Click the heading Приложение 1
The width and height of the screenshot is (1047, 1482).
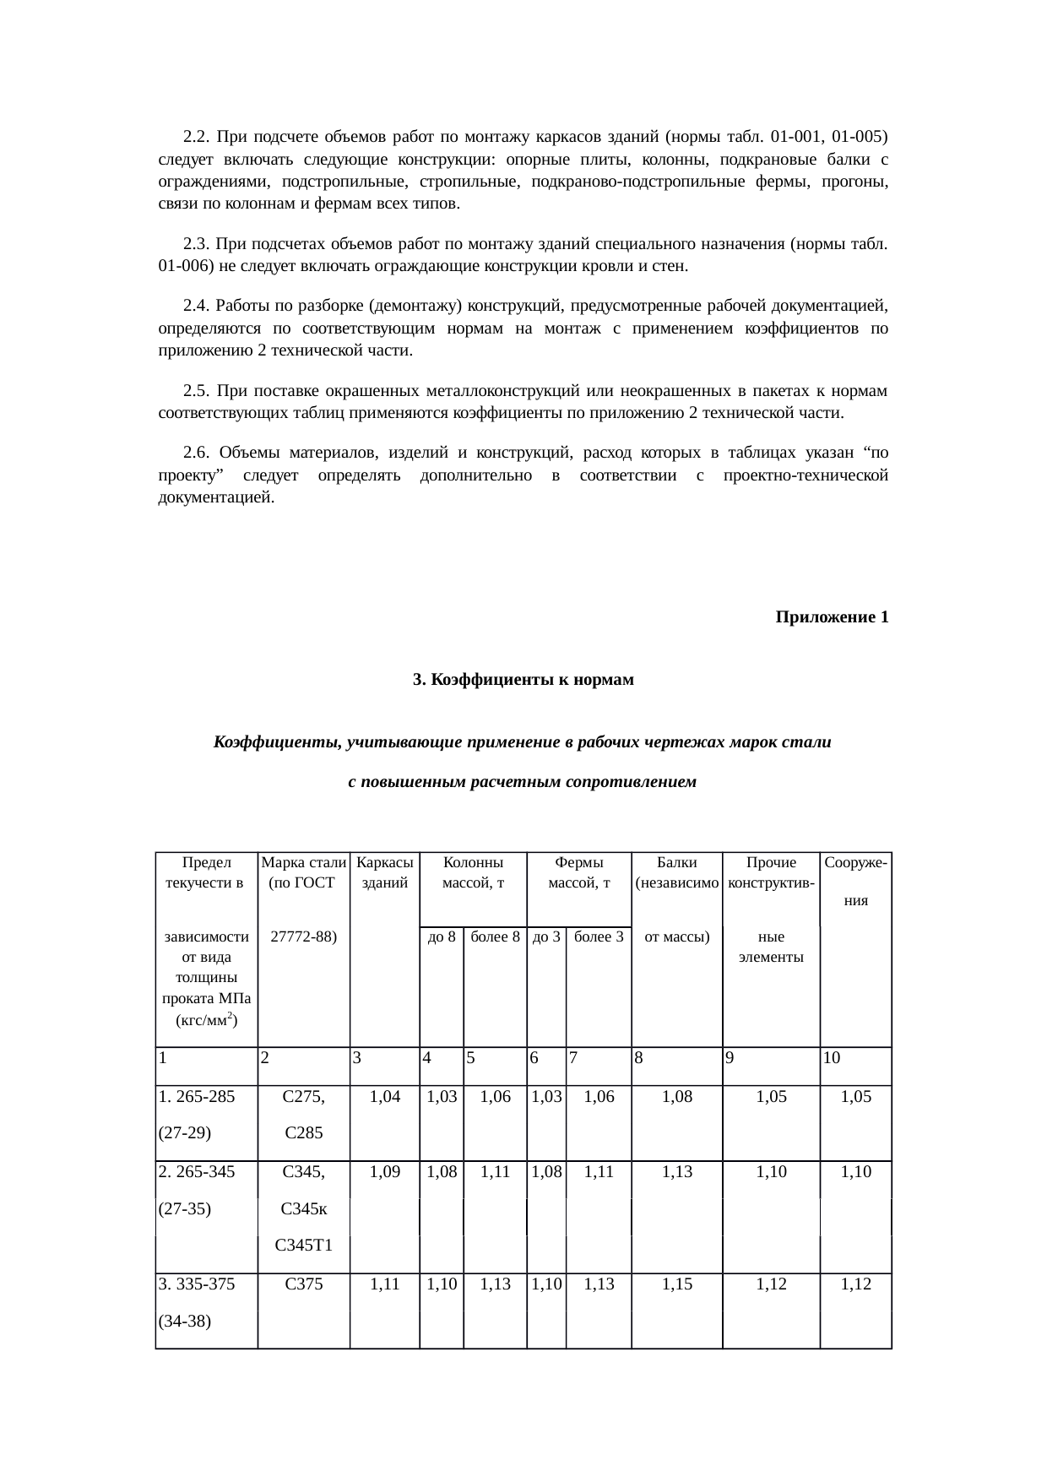click(x=831, y=617)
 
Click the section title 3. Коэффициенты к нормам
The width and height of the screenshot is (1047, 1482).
click(x=523, y=680)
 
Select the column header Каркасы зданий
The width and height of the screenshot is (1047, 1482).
click(x=385, y=873)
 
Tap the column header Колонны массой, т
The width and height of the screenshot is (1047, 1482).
click(x=474, y=873)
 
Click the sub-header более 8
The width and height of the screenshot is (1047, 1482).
click(x=495, y=936)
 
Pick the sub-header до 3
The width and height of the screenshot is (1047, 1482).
click(x=545, y=936)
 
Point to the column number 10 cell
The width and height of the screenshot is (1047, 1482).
click(x=832, y=1056)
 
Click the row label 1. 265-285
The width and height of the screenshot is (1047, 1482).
click(x=196, y=1096)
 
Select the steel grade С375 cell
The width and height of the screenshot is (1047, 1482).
click(x=304, y=1284)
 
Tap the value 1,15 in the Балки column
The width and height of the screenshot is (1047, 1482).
click(x=677, y=1284)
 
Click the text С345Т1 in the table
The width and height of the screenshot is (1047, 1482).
click(x=304, y=1245)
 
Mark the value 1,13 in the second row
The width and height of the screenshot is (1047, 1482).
click(x=677, y=1172)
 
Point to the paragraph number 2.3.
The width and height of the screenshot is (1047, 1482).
click(x=195, y=245)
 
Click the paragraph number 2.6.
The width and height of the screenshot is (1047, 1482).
click(x=195, y=453)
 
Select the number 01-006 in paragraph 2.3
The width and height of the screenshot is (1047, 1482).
click(x=183, y=267)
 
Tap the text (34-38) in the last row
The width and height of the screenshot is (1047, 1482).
click(x=183, y=1321)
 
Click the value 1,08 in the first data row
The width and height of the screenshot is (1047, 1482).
click(x=677, y=1096)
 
